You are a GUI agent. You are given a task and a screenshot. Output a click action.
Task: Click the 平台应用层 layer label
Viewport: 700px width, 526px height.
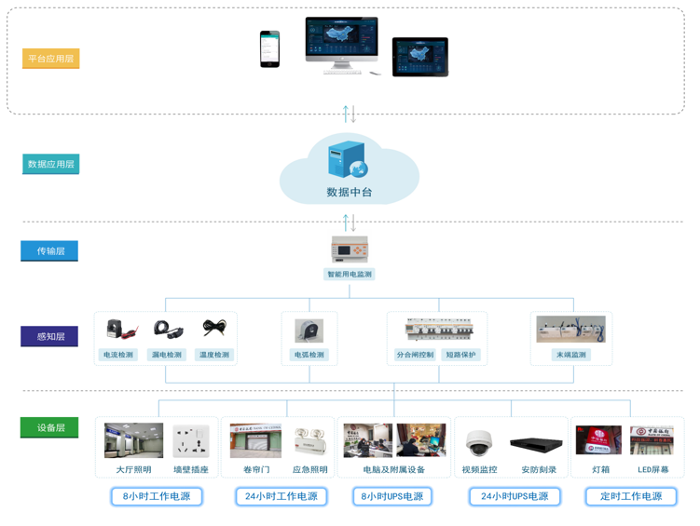tap(51, 59)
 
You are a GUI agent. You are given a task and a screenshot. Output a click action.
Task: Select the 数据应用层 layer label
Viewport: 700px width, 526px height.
tap(51, 164)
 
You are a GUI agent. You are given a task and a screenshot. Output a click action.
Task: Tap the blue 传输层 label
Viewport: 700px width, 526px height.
tap(49, 251)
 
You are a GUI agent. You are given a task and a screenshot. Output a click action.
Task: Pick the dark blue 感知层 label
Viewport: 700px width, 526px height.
tap(49, 336)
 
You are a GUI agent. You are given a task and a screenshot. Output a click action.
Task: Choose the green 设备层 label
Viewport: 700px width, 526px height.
tap(49, 427)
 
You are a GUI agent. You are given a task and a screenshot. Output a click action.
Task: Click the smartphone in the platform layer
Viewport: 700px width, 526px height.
tap(269, 48)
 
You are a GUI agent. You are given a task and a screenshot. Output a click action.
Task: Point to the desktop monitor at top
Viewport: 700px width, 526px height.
tap(341, 42)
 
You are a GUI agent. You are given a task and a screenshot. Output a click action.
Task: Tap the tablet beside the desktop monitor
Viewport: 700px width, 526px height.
tap(419, 57)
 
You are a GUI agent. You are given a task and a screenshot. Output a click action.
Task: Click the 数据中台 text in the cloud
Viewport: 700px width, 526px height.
tap(350, 192)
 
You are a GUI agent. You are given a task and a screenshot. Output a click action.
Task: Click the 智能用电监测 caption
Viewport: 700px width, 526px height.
tap(350, 275)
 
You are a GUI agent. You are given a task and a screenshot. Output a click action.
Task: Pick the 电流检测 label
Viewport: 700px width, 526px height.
tap(118, 355)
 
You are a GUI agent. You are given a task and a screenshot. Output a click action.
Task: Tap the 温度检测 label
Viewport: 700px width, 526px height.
tap(213, 355)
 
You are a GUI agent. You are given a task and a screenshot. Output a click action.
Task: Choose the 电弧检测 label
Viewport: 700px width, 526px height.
tap(309, 355)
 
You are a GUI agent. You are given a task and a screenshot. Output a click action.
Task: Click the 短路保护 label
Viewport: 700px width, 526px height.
tap(460, 355)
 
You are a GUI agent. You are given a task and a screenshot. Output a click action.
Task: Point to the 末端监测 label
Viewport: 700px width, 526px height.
tap(571, 355)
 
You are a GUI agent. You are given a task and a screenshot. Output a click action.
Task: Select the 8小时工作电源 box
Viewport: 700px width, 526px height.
tap(157, 496)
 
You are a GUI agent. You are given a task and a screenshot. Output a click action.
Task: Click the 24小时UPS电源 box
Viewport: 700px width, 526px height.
tap(515, 496)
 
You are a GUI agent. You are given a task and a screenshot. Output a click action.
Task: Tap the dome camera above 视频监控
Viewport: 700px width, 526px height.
tap(479, 441)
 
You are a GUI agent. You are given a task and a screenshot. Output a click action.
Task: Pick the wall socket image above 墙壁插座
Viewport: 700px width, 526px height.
tap(190, 440)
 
